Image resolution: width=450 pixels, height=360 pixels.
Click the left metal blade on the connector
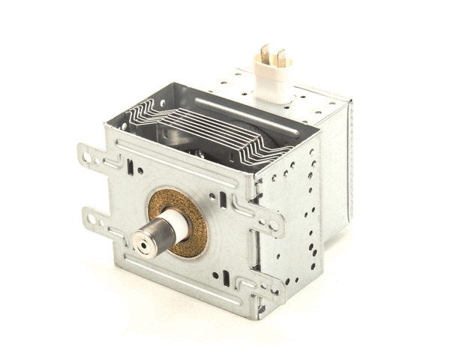click(264, 54)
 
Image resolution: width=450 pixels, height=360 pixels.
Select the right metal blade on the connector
click(280, 58)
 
